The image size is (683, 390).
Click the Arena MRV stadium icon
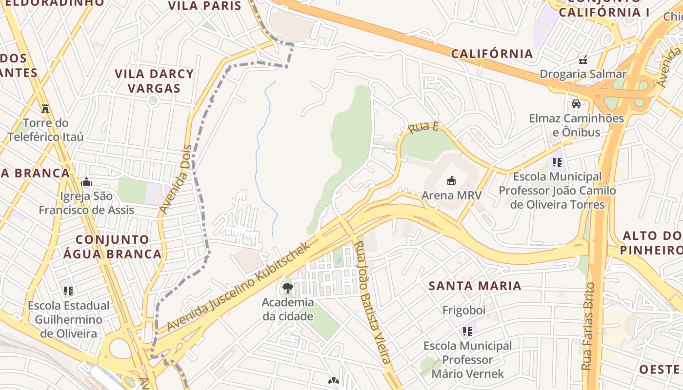pos(451,180)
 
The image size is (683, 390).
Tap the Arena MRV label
pos(451,195)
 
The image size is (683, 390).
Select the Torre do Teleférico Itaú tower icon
pos(45,108)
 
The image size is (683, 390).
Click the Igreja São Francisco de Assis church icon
pos(86,182)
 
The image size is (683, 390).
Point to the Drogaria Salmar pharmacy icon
pos(583,60)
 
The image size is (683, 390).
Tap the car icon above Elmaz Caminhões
pos(576,104)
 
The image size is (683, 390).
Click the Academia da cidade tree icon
pos(287,288)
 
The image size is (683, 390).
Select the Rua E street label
pos(423,128)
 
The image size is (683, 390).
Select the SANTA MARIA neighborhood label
pos(475,286)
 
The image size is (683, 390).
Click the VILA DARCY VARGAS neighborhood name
pos(154,81)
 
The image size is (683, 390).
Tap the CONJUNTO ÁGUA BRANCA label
pos(119,247)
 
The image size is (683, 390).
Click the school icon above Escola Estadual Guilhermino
pos(68,291)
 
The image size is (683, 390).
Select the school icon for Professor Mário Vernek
pos(467,331)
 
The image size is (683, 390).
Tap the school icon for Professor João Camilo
pos(557,162)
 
